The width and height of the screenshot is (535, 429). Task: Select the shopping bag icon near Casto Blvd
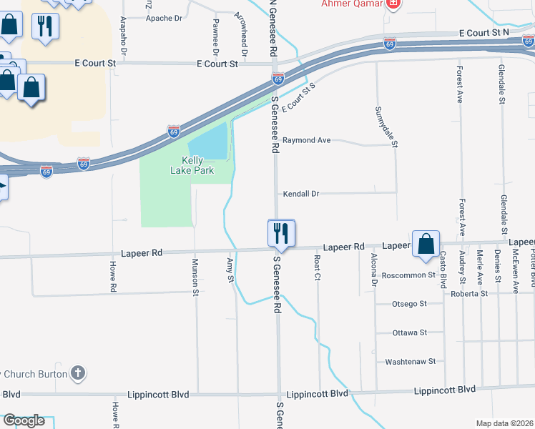[426, 243]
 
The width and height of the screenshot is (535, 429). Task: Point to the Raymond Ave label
[306, 140]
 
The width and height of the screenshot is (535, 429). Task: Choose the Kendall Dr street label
[300, 194]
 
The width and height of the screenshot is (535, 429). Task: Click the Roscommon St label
[408, 275]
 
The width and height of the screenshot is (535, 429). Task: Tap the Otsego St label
[409, 304]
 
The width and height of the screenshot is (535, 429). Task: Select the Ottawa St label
[409, 332]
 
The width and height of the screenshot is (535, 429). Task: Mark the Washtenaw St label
[410, 362]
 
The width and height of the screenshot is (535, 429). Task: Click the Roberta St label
[468, 293]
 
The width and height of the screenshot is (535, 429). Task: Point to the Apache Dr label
[164, 18]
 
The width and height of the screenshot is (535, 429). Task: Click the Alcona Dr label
[373, 270]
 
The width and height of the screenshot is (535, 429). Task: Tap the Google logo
[24, 420]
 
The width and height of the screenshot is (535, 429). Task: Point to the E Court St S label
[298, 99]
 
